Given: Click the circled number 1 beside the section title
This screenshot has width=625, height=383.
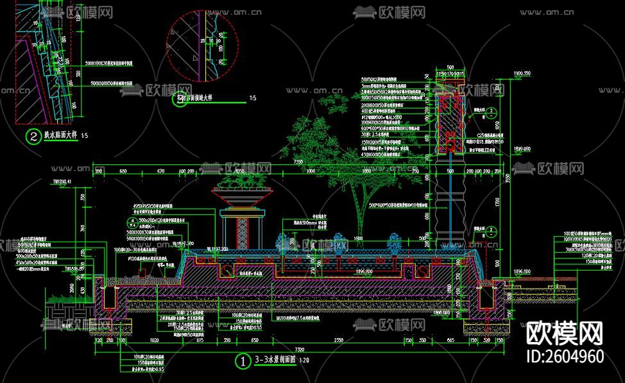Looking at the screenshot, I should [x=243, y=361].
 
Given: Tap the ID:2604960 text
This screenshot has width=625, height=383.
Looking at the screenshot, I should [x=565, y=357].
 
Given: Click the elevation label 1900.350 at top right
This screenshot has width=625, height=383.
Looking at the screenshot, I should [x=522, y=73].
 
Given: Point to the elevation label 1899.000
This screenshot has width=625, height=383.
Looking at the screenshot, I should [x=522, y=148].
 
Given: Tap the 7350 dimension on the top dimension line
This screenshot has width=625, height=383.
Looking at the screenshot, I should [x=298, y=163].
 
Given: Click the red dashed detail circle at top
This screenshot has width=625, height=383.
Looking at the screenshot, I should [x=203, y=46].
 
